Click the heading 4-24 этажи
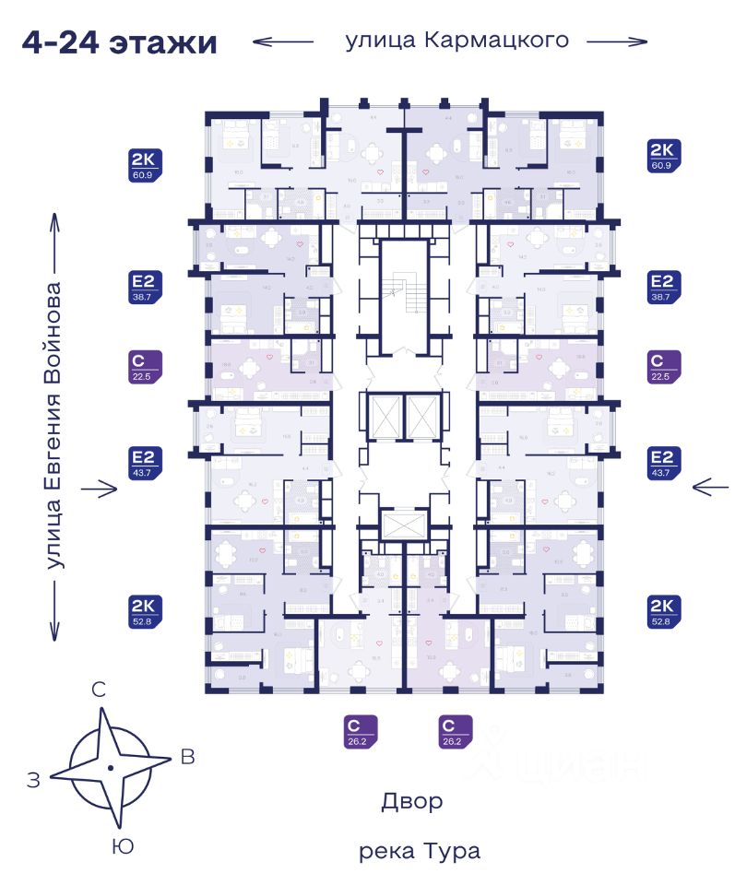pos(120,42)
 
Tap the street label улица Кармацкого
pos(456,41)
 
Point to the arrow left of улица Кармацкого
pos(284,41)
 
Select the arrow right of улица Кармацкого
pos(617,41)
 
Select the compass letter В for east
pos(188,758)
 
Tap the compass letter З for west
pos(34,781)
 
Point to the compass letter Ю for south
pos(118,845)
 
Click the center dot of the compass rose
pos(110,767)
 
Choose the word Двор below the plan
pos(412,801)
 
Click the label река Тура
pos(420,851)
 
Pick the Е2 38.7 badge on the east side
pos(665,287)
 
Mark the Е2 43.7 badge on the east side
pos(665,464)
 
